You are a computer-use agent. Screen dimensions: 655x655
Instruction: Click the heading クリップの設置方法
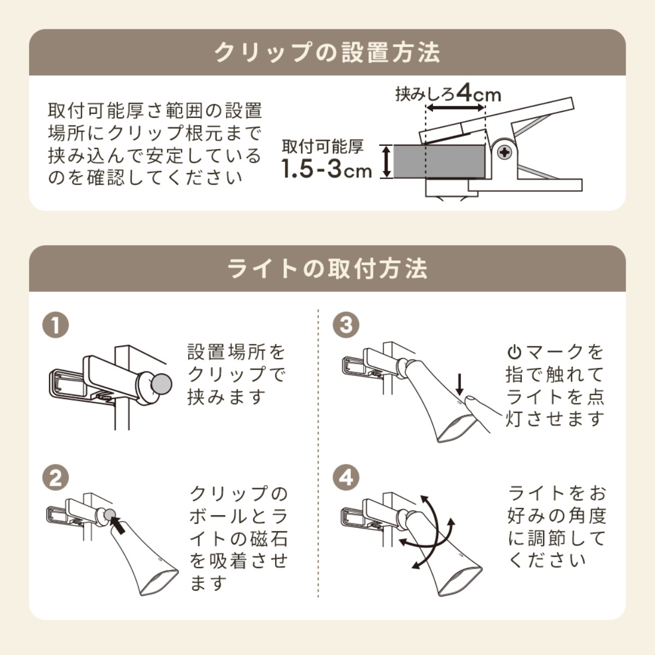(327, 53)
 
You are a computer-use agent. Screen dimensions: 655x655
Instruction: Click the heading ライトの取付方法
(327, 269)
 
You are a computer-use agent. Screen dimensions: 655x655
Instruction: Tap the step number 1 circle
(56, 325)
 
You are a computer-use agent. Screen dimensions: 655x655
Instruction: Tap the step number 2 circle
(56, 478)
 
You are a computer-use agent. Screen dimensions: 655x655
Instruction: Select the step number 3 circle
(346, 325)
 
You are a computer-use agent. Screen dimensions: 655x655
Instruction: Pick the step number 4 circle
(346, 478)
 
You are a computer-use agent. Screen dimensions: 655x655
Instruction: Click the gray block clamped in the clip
(439, 162)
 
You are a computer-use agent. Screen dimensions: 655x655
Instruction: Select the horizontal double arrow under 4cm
(455, 108)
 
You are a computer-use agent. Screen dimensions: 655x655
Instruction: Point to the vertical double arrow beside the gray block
(385, 162)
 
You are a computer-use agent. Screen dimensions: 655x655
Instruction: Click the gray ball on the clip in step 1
(161, 384)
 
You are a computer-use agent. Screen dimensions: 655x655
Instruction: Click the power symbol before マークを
(514, 353)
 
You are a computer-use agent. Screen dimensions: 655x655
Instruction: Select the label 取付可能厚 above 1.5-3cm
(323, 146)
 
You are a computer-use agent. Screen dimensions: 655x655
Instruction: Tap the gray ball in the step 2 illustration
(110, 515)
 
